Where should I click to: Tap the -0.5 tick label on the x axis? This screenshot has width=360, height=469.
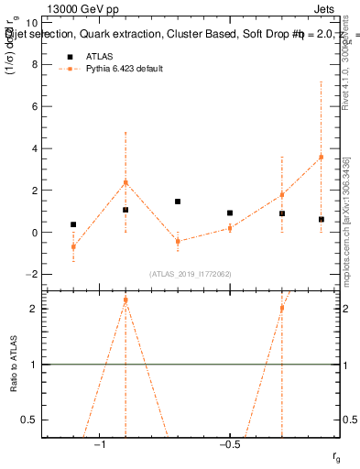click(x=228, y=444)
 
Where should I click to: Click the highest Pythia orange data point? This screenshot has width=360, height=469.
click(x=321, y=157)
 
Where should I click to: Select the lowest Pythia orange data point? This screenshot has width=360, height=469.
click(x=73, y=246)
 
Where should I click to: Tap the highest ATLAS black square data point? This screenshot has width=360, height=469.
click(x=178, y=202)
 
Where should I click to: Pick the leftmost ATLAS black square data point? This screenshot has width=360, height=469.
click(x=73, y=224)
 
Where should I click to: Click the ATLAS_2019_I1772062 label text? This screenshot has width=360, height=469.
click(x=191, y=273)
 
